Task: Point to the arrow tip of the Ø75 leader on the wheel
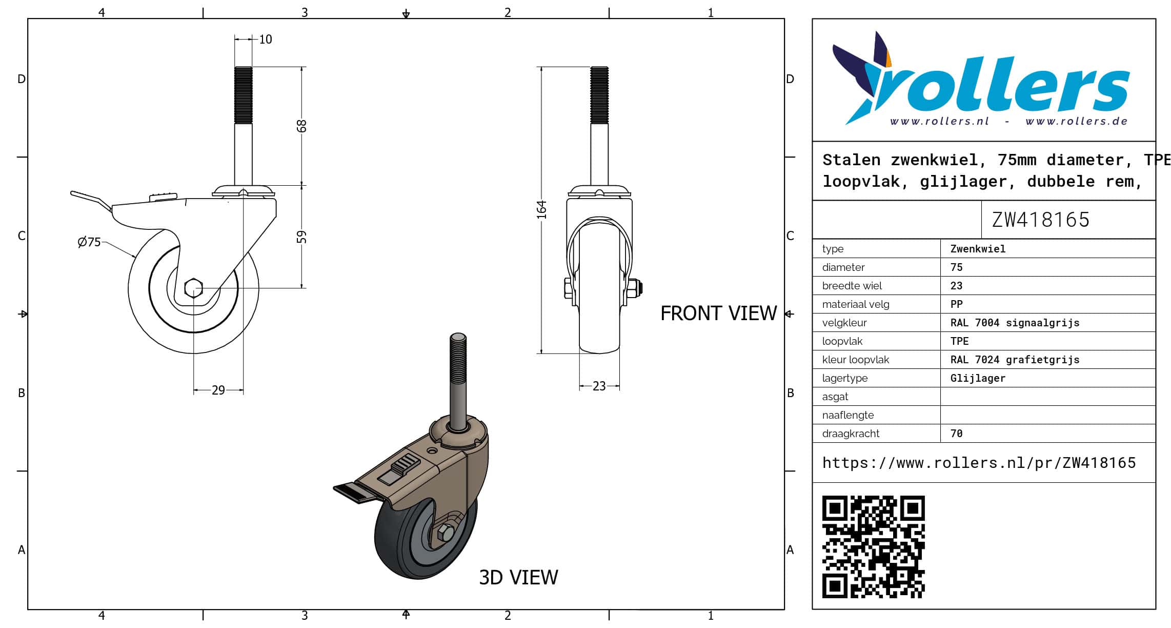(136, 257)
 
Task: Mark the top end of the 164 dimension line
(541, 67)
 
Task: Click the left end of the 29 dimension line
(194, 390)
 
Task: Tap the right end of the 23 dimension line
(619, 386)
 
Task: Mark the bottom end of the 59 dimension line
(301, 288)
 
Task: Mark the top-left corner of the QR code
(822, 496)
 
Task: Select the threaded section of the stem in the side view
(244, 95)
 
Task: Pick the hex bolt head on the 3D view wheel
(446, 534)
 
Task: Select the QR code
(874, 547)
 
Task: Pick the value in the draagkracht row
(956, 434)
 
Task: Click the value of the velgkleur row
(1015, 323)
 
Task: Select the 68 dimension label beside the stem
(301, 126)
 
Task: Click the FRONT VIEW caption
(718, 313)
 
